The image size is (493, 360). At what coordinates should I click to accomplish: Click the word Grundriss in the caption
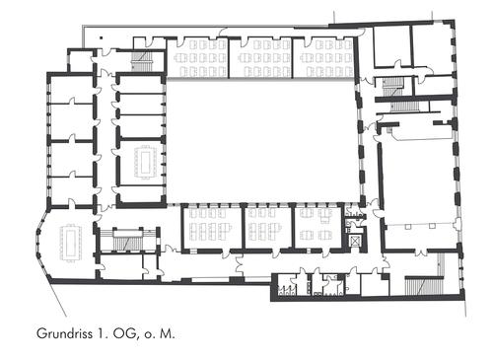[63, 334]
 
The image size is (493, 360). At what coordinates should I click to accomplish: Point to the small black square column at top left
[102, 37]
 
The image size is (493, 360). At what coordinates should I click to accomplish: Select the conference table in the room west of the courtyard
[144, 162]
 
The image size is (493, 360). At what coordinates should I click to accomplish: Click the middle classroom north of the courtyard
[260, 58]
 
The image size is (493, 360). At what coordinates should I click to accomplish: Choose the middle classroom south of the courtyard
[268, 228]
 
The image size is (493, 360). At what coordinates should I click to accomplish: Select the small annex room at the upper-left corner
[81, 61]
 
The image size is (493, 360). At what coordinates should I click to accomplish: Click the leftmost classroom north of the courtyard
[197, 58]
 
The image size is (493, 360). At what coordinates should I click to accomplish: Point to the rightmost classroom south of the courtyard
[318, 228]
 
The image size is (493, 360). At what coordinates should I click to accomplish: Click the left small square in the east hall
[408, 226]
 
